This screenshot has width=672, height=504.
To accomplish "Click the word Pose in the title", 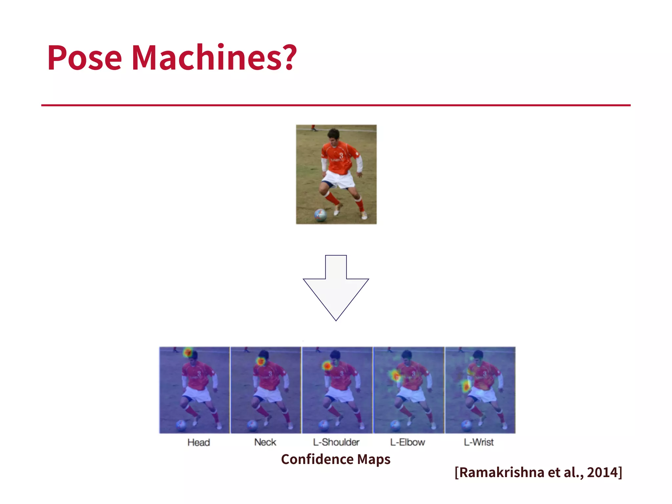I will coord(85,58).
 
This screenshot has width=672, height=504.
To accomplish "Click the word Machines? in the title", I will coord(214,58).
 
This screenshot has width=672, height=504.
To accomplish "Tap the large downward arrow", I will coord(336,289).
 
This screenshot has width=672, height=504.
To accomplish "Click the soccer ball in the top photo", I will coord(320,215).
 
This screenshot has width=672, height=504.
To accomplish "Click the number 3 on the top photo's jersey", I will coord(341,156).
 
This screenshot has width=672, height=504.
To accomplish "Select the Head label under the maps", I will coord(199,442).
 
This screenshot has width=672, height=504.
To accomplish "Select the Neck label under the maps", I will coord(265,442).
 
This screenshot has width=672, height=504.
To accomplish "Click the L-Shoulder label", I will coord(336,442).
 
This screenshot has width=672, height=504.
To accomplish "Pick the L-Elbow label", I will coord(407,442).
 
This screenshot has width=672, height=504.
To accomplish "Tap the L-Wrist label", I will coord(478,442).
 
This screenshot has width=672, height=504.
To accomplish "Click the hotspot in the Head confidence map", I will coord(188,353).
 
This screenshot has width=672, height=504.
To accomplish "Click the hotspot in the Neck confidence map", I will coord(261,361).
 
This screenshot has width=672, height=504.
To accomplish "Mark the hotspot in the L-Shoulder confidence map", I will coord(327,366).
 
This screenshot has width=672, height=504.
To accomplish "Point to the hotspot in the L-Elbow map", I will coord(395,375).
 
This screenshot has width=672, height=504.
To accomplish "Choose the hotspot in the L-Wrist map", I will coord(466,387).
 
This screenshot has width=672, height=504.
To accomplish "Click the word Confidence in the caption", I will coord(317,459).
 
